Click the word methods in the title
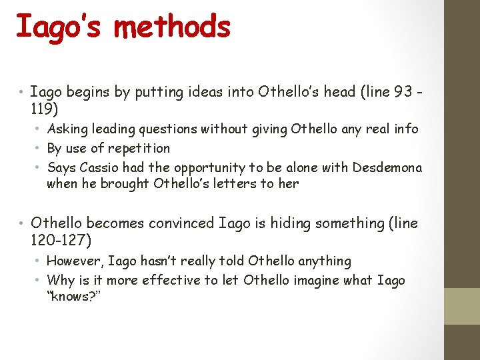[172, 27]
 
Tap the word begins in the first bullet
[87, 93]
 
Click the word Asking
[67, 129]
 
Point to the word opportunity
[220, 167]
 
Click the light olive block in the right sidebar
[462, 306]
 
